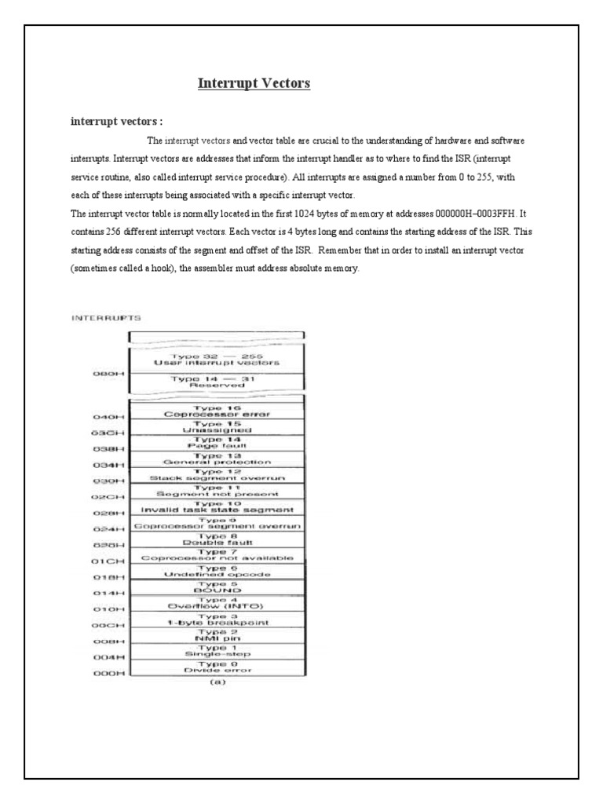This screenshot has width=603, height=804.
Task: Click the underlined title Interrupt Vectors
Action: click(253, 83)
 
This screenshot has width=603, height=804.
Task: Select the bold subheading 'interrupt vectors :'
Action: click(116, 122)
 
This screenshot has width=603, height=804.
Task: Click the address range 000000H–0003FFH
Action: click(454, 213)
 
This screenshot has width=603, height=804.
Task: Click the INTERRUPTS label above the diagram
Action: click(107, 318)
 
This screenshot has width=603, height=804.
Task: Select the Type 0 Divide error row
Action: click(216, 667)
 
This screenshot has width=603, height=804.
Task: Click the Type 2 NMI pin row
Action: click(216, 635)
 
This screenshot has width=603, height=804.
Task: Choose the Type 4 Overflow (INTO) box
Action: click(216, 603)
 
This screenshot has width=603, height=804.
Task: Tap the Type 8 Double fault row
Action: click(216, 538)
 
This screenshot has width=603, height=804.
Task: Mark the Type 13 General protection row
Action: click(216, 459)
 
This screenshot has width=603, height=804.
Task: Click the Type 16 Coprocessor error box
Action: click(216, 411)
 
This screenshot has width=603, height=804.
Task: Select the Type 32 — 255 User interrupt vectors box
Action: click(216, 359)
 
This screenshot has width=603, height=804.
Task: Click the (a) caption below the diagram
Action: click(217, 682)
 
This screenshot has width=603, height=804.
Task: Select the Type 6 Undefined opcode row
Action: click(216, 571)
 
